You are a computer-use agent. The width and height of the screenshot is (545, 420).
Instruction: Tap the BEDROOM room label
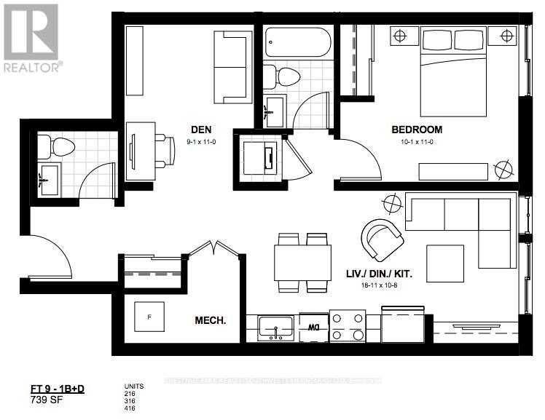click(x=417, y=130)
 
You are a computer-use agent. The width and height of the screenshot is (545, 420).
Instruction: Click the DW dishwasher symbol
click(x=314, y=328)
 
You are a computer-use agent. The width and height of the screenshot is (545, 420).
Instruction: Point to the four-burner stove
click(x=348, y=326)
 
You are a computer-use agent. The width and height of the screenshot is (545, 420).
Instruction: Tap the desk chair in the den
click(x=165, y=151)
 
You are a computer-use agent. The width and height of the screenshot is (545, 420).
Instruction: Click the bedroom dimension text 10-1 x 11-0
click(x=417, y=143)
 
